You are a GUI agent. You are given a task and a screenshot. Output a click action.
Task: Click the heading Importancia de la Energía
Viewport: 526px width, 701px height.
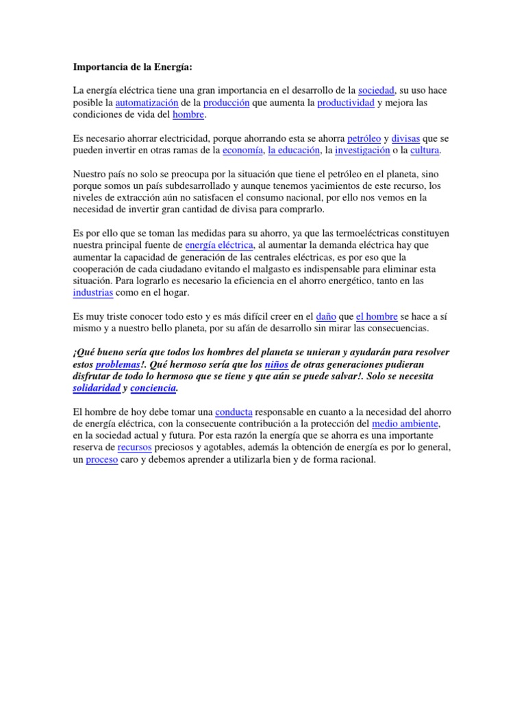point(133,68)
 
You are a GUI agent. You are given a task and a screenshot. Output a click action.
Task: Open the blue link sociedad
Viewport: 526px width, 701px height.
point(377,90)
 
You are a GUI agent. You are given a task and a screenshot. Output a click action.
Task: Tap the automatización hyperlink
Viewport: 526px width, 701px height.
point(147,103)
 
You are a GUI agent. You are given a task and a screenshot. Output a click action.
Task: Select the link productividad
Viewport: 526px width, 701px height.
point(346,103)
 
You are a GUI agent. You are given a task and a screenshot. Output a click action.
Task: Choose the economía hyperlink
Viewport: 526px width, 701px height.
point(239,150)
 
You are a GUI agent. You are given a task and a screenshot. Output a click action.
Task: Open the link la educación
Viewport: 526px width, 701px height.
point(294,150)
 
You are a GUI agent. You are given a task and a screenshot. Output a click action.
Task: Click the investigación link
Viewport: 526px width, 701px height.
point(362,150)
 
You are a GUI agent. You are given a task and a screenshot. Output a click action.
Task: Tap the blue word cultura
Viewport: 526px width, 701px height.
point(424,150)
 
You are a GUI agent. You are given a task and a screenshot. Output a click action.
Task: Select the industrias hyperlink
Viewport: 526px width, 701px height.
point(92,292)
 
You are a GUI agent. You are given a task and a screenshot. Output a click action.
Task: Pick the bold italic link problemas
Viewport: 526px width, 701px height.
point(117,365)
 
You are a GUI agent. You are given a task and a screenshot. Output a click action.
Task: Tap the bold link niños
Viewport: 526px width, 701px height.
point(276,365)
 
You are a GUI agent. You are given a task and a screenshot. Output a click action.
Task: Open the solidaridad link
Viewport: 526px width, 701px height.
point(96,388)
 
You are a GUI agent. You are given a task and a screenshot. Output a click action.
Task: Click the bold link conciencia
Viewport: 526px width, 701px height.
point(153,388)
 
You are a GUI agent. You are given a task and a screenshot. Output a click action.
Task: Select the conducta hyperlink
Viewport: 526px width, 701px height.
point(234,412)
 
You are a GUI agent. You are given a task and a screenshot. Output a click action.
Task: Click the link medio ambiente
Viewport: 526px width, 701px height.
point(405,424)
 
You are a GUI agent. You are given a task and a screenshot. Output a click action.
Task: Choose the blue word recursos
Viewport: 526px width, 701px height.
point(134,448)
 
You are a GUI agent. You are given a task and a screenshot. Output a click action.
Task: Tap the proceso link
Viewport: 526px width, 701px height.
point(102,460)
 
